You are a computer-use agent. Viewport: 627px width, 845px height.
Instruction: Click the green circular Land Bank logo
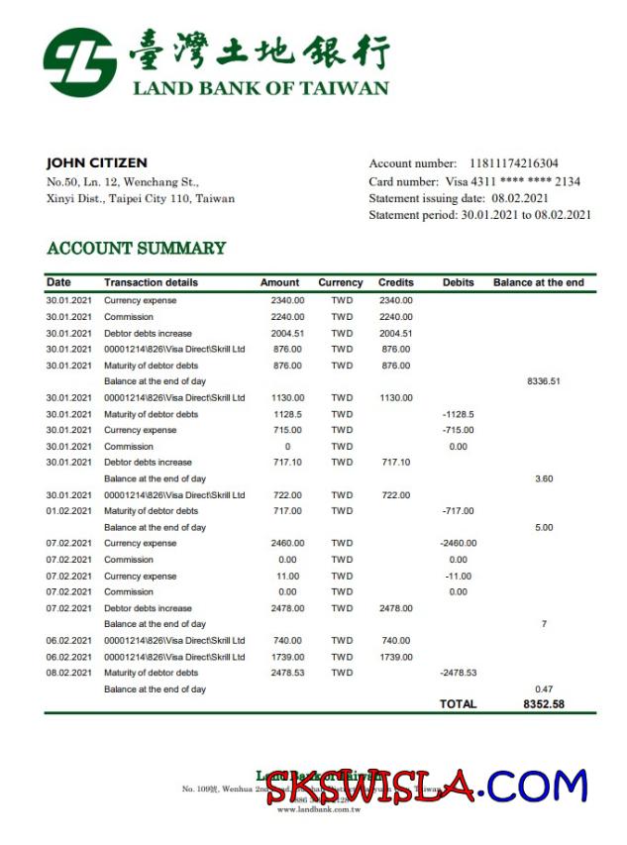pyautogui.click(x=79, y=62)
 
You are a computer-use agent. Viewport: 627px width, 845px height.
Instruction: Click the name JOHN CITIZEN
pyautogui.click(x=97, y=162)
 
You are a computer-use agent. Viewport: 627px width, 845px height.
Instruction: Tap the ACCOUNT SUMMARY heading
pyautogui.click(x=137, y=249)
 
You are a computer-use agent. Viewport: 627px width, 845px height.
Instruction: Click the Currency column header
pyautogui.click(x=341, y=282)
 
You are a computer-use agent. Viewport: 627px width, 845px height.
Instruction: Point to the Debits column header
pyautogui.click(x=458, y=282)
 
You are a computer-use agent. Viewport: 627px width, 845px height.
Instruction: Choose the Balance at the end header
pyautogui.click(x=539, y=282)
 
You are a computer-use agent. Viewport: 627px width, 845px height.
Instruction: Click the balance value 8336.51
pyautogui.click(x=544, y=381)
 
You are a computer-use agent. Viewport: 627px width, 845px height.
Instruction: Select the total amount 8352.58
pyautogui.click(x=544, y=704)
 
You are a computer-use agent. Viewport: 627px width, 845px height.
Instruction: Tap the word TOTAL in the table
pyautogui.click(x=459, y=704)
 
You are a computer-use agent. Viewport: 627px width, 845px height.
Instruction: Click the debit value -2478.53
pyautogui.click(x=458, y=673)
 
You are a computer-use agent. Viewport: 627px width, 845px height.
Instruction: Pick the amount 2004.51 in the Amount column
pyautogui.click(x=287, y=334)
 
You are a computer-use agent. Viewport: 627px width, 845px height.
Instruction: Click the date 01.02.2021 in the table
pyautogui.click(x=68, y=511)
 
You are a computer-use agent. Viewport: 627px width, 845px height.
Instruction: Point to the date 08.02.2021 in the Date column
pyautogui.click(x=68, y=673)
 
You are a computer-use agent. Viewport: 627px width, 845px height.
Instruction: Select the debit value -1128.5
pyautogui.click(x=458, y=414)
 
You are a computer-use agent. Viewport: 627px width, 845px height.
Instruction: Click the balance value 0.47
pyautogui.click(x=544, y=688)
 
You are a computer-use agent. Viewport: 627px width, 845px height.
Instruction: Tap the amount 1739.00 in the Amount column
pyautogui.click(x=287, y=657)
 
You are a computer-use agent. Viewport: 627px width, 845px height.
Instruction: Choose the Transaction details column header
pyautogui.click(x=151, y=282)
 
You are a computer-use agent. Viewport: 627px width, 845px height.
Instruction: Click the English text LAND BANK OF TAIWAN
pyautogui.click(x=261, y=88)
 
